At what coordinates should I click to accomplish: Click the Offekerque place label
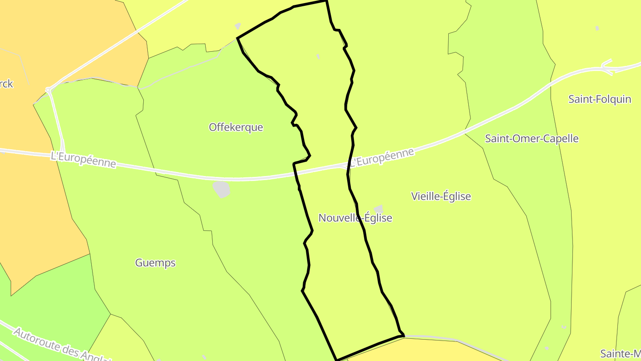coord(236,127)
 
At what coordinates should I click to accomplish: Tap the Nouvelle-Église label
coord(355,218)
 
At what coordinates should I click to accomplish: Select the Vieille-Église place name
coord(441,196)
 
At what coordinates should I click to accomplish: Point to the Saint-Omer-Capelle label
coord(531,139)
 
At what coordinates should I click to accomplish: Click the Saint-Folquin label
coord(599,99)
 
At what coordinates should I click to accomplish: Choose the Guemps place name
coord(155,263)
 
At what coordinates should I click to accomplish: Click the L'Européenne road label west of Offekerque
coord(83,160)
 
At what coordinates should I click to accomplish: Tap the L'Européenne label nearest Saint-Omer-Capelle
coord(381,158)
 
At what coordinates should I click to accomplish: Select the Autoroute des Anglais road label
coord(62,345)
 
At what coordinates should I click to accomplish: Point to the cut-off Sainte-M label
coord(620,354)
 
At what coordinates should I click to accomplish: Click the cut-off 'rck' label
coord(6,84)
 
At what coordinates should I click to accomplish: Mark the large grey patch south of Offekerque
coord(221,189)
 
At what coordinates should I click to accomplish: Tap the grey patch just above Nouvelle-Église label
coord(378,209)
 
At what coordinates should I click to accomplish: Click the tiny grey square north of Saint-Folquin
coord(597,28)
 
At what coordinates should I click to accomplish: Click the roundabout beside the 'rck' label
coord(48,90)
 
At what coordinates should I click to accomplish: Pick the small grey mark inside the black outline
coord(318,57)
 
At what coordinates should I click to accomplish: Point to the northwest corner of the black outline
coord(238,38)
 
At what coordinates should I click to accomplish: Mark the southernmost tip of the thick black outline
coord(337,359)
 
